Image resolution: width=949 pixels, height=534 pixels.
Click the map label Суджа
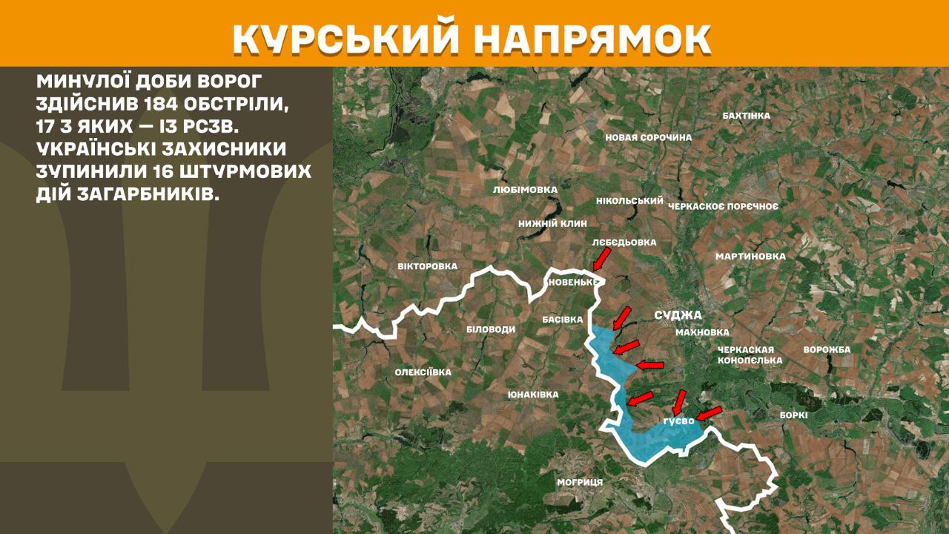678,315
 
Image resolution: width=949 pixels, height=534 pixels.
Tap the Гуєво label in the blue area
679,421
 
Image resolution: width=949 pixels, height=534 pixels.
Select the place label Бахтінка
746,116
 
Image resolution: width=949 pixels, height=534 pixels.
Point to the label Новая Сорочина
648,137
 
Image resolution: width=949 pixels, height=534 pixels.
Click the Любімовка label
525,190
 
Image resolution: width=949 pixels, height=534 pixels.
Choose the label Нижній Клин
552,223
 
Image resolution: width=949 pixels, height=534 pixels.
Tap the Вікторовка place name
427,266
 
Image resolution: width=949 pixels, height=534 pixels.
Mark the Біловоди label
491,329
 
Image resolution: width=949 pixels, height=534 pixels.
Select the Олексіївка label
423,372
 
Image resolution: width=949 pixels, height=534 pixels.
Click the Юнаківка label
533,395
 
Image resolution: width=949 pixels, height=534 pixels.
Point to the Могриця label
580,482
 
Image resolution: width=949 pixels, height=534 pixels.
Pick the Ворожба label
827,349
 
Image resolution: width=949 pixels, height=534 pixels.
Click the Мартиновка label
750,257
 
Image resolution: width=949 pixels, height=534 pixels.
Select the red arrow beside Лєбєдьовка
601,259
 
